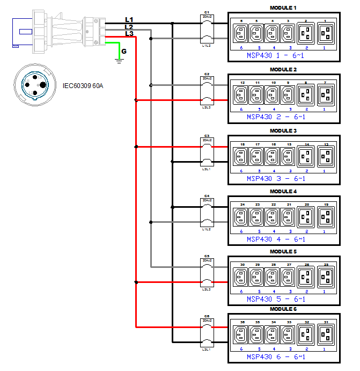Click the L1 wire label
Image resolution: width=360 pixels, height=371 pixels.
129,19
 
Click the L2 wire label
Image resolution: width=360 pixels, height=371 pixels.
129,27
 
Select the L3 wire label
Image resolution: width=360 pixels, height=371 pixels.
129,34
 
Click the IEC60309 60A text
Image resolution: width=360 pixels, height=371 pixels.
83,85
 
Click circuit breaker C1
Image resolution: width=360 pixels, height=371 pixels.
207,31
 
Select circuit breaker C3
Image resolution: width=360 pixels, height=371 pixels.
207,154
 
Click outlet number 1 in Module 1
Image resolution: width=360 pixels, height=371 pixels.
325,34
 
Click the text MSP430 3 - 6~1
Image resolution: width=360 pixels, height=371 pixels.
276,178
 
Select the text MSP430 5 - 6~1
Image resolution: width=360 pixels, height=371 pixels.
276,299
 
